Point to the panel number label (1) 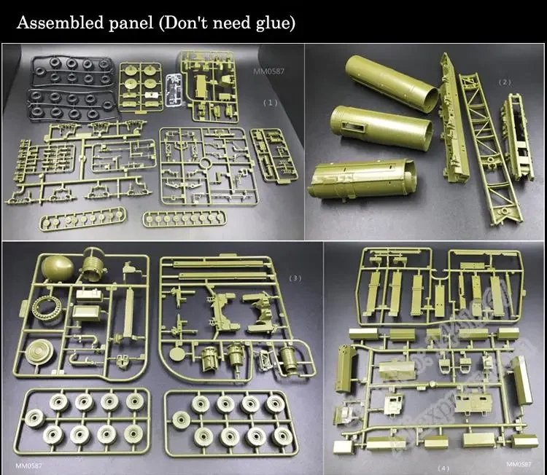(270, 103)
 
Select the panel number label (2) (505, 82)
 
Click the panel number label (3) (295, 278)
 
